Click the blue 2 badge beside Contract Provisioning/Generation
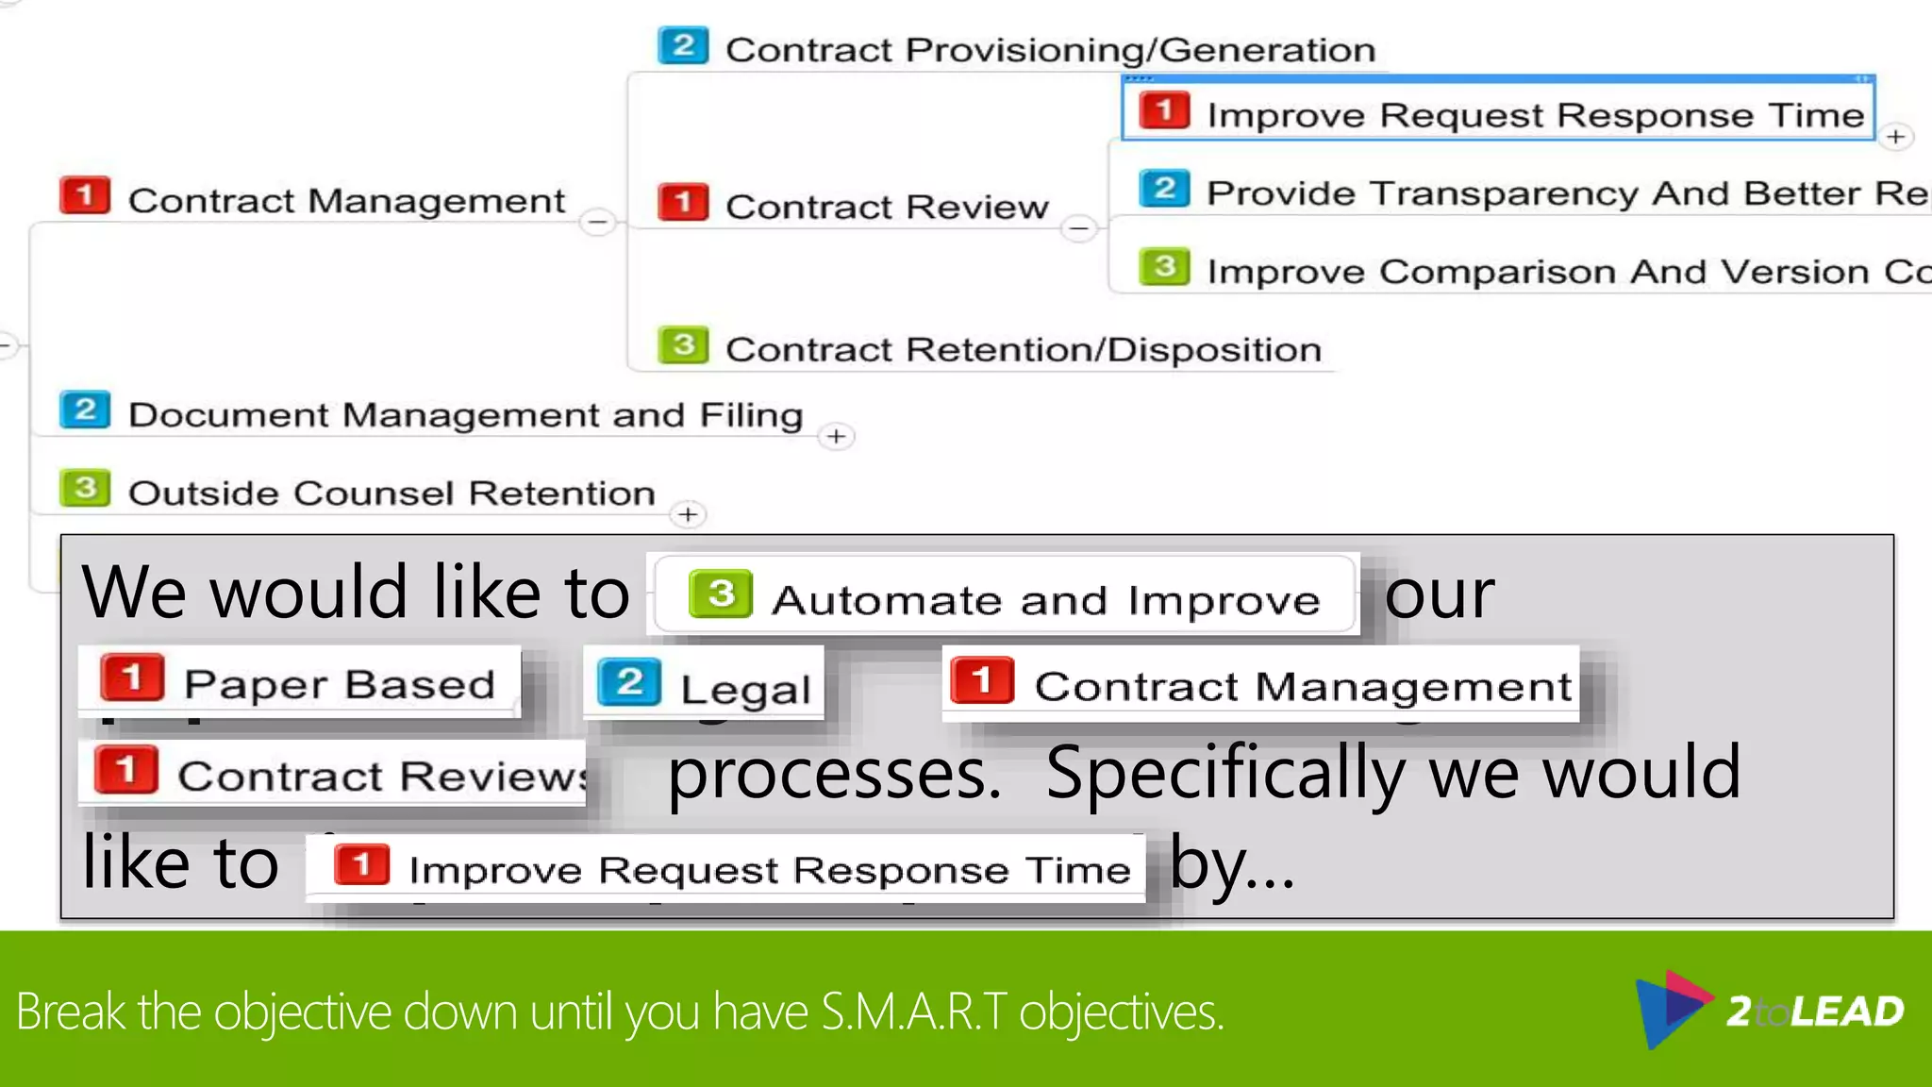(683, 45)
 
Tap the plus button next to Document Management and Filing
(836, 437)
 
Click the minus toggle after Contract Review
(1079, 228)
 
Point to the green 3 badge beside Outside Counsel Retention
(85, 489)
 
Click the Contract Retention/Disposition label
(1023, 350)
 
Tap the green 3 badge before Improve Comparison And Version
(1164, 267)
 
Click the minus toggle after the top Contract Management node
(597, 223)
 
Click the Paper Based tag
(300, 683)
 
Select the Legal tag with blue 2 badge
(706, 686)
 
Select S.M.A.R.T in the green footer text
(913, 1012)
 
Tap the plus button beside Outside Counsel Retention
(688, 515)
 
